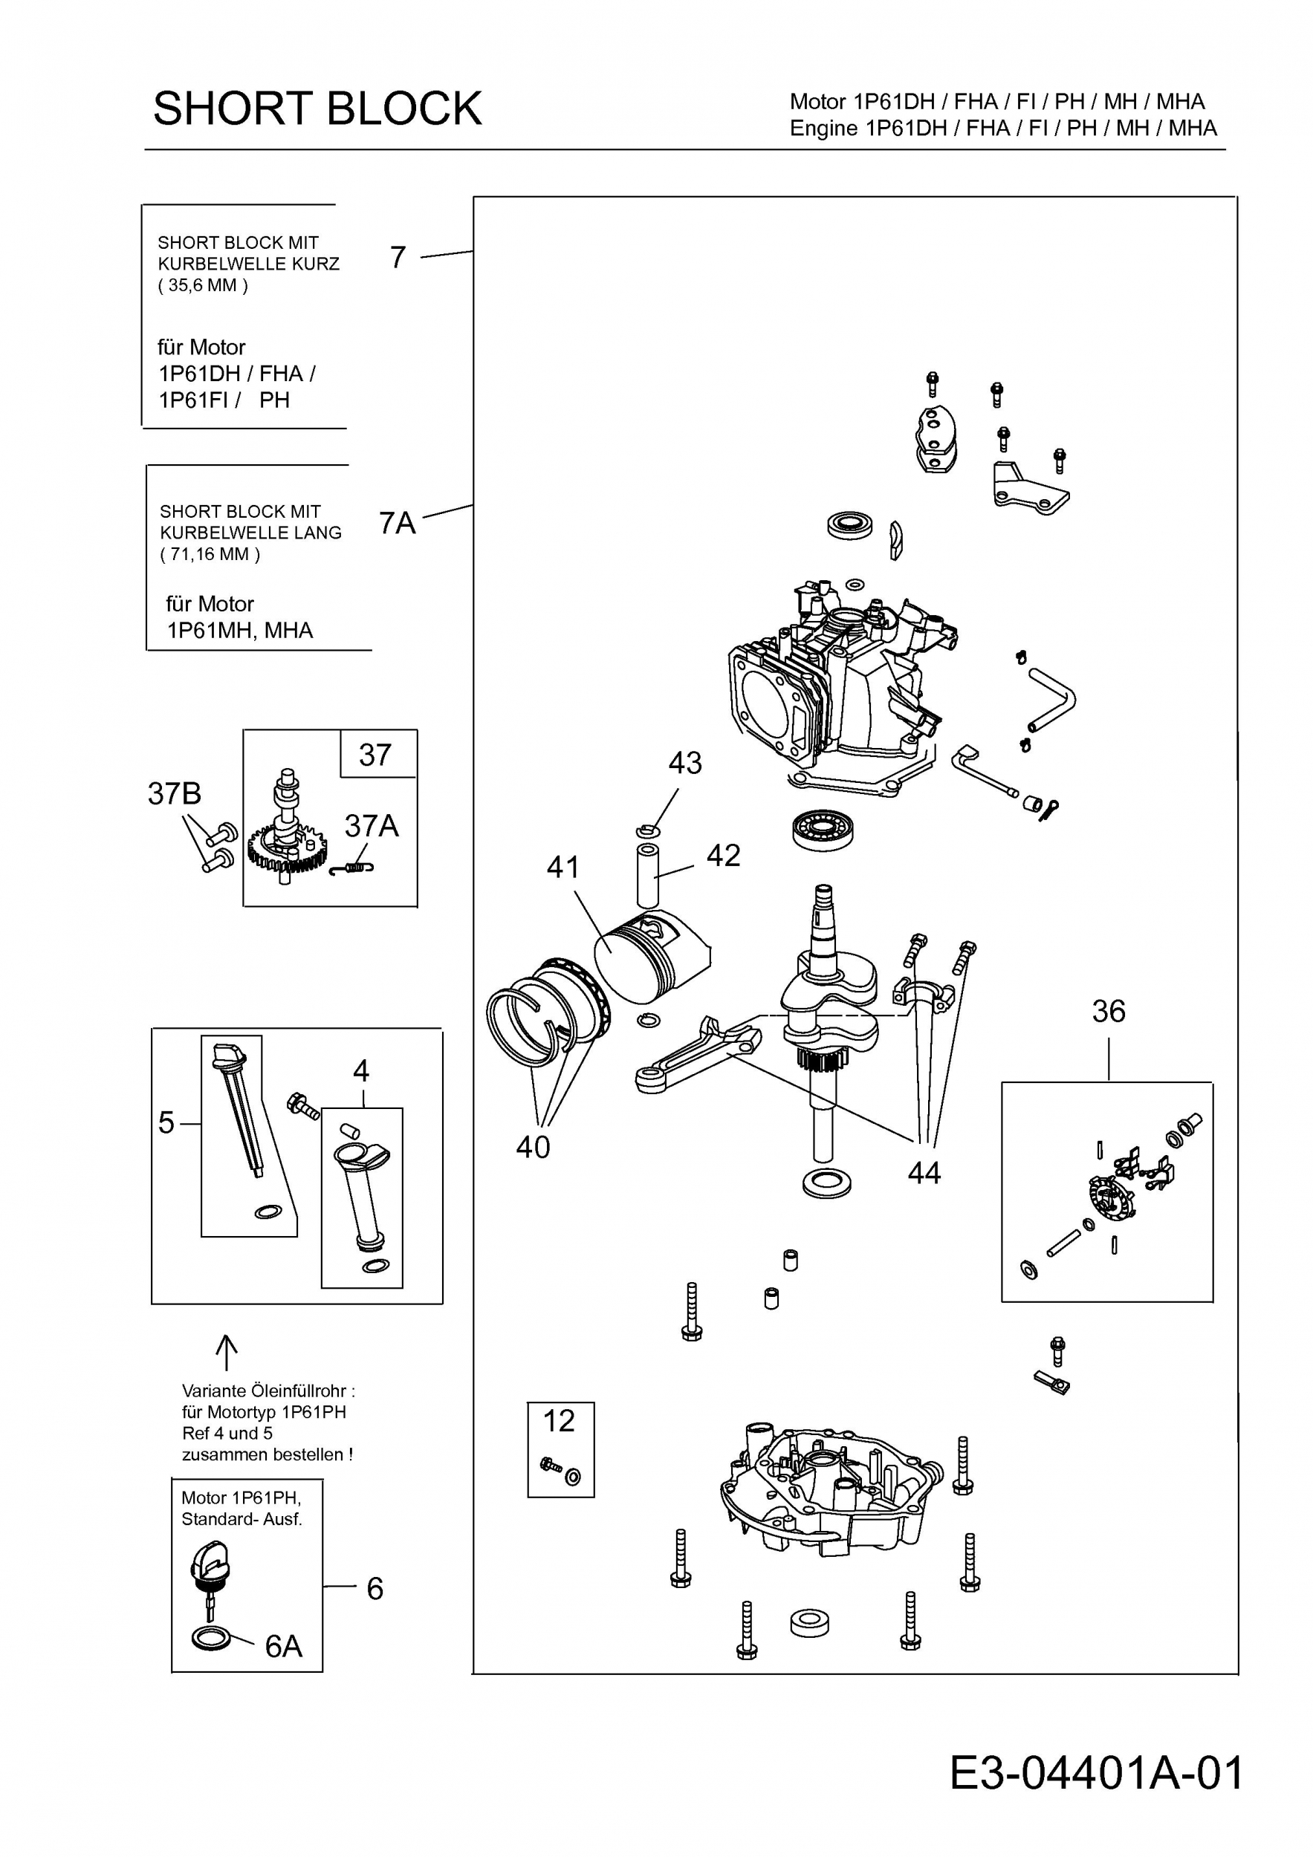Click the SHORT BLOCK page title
pos(317,108)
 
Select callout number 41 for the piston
pos(563,868)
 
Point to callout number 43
pos(685,763)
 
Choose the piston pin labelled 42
pos(647,876)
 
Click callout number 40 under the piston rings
pos(533,1147)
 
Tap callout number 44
pos(924,1173)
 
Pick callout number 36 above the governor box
pos(1109,1011)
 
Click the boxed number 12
pos(559,1421)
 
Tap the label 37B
pos(174,793)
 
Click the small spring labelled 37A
pos(353,868)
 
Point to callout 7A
pos(398,523)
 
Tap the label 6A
pos(284,1646)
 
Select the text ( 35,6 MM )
pos(203,285)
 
